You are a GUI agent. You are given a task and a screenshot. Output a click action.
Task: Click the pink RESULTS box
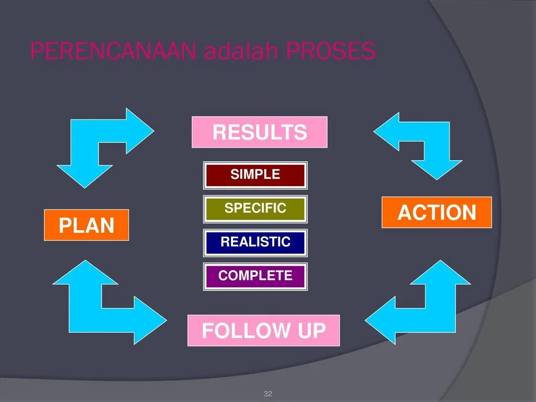[x=259, y=132]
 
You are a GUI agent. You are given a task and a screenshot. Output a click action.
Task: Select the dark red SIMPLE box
[x=255, y=175]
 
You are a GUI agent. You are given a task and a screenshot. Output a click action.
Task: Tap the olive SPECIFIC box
[x=255, y=209]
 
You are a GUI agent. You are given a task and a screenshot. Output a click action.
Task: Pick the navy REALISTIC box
[x=255, y=242]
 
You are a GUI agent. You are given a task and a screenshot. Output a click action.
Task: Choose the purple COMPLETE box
[x=255, y=276]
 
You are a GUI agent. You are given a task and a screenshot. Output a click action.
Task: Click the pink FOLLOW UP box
[x=263, y=330]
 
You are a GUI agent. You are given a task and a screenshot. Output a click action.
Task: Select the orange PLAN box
[x=86, y=225]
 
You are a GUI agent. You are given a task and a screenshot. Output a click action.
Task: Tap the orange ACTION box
[x=437, y=213]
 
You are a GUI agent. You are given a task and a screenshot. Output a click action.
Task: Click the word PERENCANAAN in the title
[x=113, y=51]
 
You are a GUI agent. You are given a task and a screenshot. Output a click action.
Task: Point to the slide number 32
[x=268, y=393]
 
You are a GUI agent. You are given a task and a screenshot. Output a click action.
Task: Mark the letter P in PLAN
[x=65, y=226]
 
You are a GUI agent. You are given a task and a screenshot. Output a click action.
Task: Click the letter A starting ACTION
[x=405, y=213]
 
